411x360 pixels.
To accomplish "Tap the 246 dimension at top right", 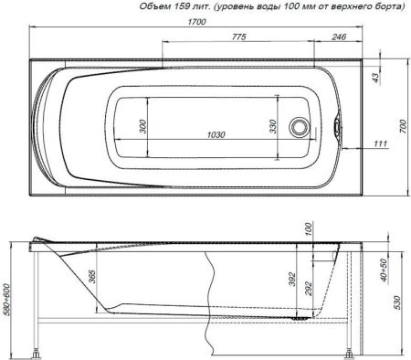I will (338, 37).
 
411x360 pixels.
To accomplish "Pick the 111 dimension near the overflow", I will (380, 144).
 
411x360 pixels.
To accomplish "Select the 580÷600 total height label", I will (8, 298).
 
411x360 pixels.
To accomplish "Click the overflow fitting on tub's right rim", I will (341, 128).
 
